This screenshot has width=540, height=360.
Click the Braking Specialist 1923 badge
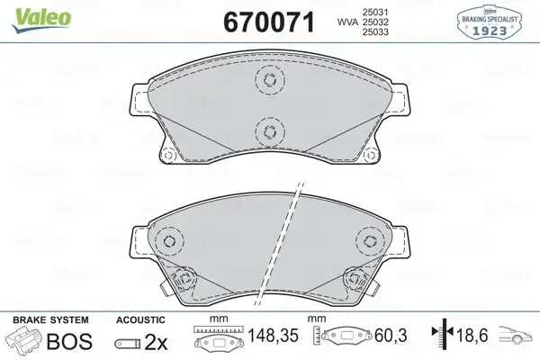494,20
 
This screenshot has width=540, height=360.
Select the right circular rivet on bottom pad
367,240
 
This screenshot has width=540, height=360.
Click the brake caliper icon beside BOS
25,342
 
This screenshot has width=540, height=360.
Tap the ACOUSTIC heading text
141,319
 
